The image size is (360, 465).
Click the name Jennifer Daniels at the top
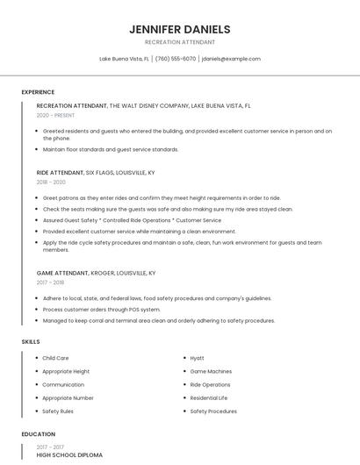[179, 29]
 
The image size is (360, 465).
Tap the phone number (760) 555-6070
[175, 59]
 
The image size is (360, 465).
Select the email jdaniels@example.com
[231, 59]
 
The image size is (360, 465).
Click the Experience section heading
[38, 92]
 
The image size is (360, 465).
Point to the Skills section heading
[31, 341]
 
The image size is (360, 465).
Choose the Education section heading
[39, 434]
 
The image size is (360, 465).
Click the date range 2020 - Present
[56, 115]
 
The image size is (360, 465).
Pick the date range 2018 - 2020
[52, 182]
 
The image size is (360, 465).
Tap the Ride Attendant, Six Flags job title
[96, 173]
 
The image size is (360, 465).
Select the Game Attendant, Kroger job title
[96, 273]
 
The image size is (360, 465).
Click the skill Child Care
[55, 358]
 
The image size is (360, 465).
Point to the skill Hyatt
[197, 358]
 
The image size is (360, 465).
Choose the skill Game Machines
[211, 371]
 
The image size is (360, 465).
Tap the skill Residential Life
[209, 397]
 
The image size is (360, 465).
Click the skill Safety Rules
[58, 411]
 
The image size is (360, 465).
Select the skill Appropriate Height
[66, 371]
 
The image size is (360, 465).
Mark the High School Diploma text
[69, 455]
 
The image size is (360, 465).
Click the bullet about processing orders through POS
[101, 310]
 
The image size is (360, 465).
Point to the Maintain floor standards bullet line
[111, 149]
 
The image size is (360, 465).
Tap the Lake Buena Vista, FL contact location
[124, 59]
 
